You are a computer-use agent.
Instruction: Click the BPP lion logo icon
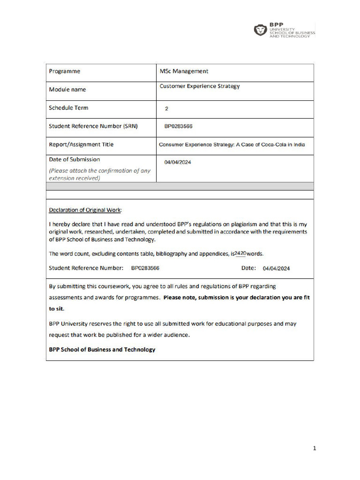pyautogui.click(x=260, y=30)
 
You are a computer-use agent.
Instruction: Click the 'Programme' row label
pyautogui.click(x=65, y=71)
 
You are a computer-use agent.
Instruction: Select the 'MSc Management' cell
pyautogui.click(x=184, y=71)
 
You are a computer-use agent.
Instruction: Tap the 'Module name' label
pyautogui.click(x=67, y=90)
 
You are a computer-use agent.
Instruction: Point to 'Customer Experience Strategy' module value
pyautogui.click(x=200, y=86)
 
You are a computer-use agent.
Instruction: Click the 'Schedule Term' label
pyautogui.click(x=68, y=108)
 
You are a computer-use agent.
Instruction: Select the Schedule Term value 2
pyautogui.click(x=166, y=108)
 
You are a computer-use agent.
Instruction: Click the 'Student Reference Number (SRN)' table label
pyautogui.click(x=93, y=126)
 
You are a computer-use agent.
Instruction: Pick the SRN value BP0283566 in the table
pyautogui.click(x=179, y=127)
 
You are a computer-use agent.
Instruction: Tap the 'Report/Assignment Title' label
pyautogui.click(x=81, y=144)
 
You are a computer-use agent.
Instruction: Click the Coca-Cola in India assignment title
pyautogui.click(x=232, y=144)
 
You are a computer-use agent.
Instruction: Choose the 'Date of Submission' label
pyautogui.click(x=75, y=159)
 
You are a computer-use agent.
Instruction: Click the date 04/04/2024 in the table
pyautogui.click(x=178, y=162)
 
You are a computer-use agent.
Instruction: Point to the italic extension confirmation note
pyautogui.click(x=100, y=174)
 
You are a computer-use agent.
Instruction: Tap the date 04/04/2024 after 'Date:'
pyautogui.click(x=276, y=269)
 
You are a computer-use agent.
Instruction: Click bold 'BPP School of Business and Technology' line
pyautogui.click(x=102, y=350)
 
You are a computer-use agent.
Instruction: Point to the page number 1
pyautogui.click(x=315, y=449)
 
